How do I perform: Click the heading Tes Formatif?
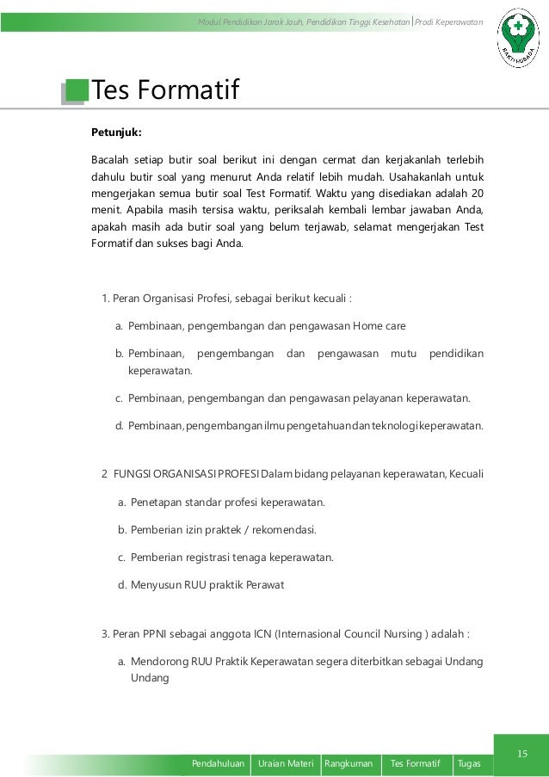[165, 89]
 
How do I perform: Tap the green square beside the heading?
[77, 89]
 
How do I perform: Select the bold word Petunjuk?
[117, 133]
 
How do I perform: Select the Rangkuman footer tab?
[349, 764]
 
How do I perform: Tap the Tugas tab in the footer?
[470, 764]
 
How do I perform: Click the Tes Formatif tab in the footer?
[415, 764]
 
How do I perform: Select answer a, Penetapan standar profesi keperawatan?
[227, 503]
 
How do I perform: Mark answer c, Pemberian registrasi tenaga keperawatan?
[231, 558]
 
